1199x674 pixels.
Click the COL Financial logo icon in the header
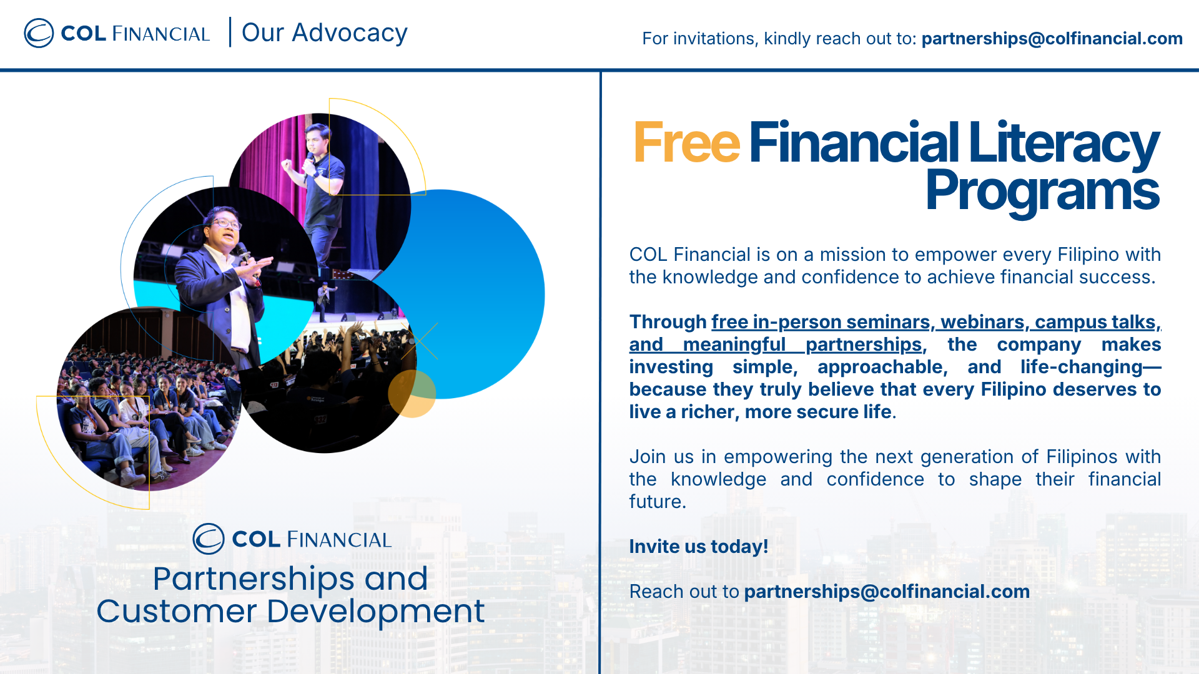(x=39, y=33)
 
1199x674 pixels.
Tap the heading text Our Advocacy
(x=324, y=33)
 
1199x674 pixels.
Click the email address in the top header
(x=1052, y=39)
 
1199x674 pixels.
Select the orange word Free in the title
(x=686, y=143)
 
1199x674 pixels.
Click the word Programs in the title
(x=1042, y=192)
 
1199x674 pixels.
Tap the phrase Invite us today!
(x=698, y=547)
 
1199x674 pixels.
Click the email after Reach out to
(x=887, y=592)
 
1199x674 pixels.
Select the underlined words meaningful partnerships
(x=802, y=344)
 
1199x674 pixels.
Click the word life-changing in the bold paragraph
(x=1082, y=367)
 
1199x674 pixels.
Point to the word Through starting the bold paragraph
(x=668, y=322)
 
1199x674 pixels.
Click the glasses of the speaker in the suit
(x=226, y=223)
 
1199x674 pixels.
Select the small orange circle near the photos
(x=412, y=394)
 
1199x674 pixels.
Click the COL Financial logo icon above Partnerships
(x=208, y=539)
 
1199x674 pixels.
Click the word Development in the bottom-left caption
(x=375, y=612)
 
